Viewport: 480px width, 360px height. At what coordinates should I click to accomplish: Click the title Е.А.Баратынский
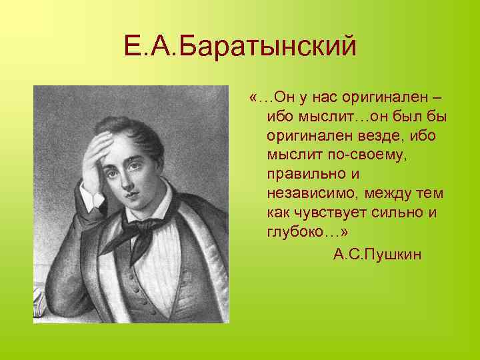pyautogui.click(x=240, y=47)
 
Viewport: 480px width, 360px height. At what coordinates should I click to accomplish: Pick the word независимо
pyautogui.click(x=307, y=194)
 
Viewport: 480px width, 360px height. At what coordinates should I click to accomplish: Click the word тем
pyautogui.click(x=431, y=194)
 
